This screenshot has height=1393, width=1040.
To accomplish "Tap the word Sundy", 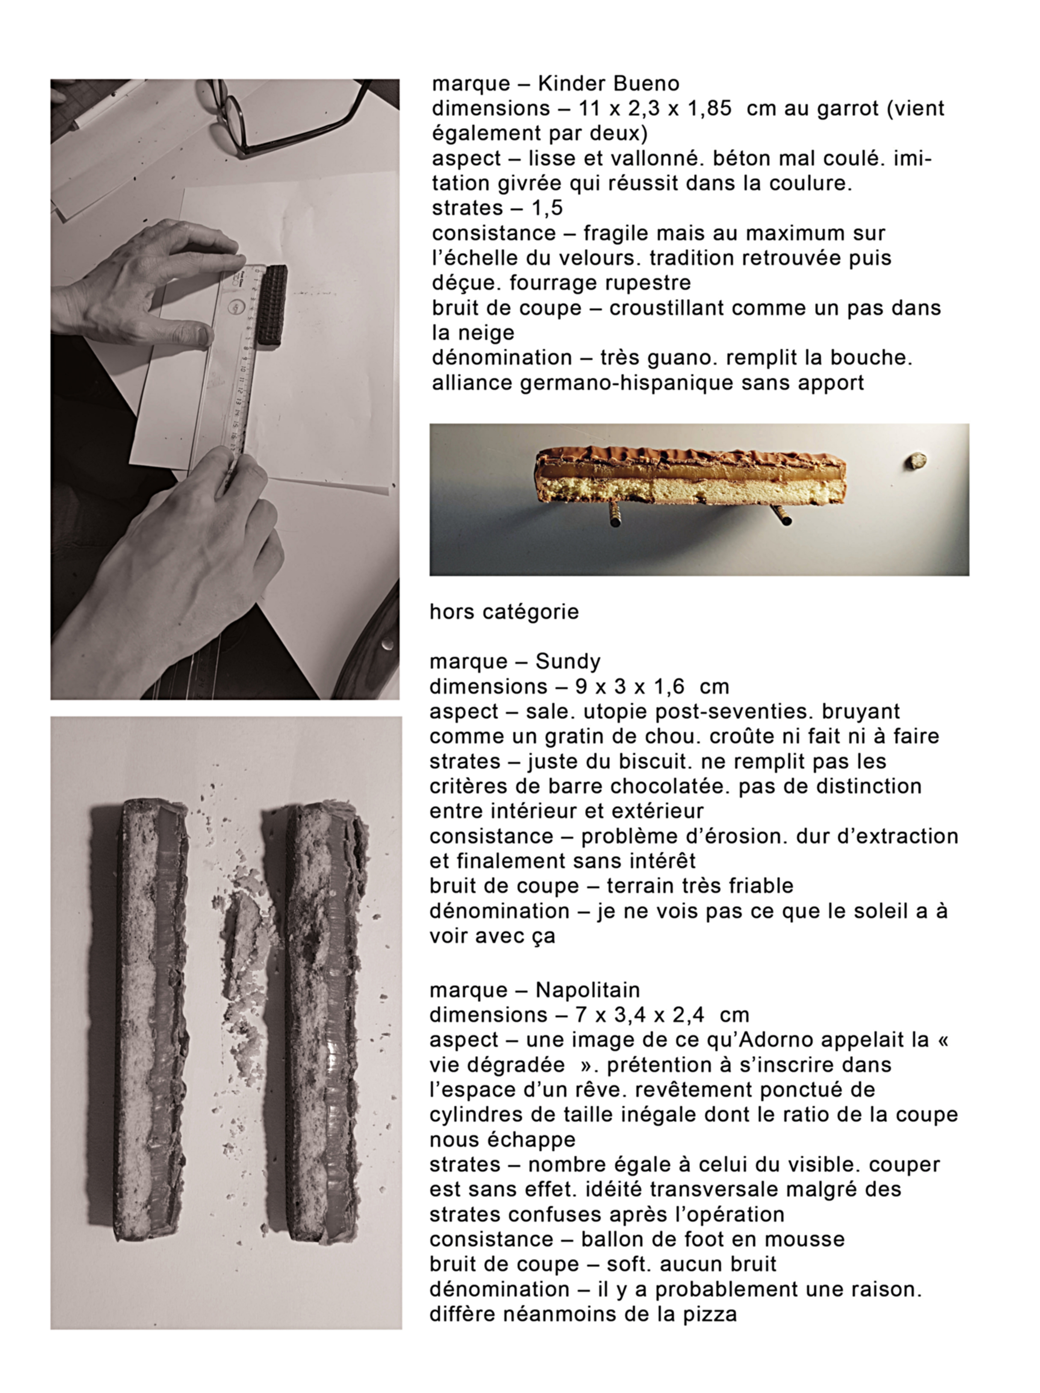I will coord(568,662).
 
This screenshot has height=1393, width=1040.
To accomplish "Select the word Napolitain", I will coord(587,990).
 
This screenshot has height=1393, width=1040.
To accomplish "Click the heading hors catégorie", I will coord(504,612).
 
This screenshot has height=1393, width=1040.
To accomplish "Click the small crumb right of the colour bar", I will coord(916,461).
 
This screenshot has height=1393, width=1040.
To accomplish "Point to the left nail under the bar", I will coord(614,515).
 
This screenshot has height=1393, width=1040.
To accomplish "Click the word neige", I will coord(482,333).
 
